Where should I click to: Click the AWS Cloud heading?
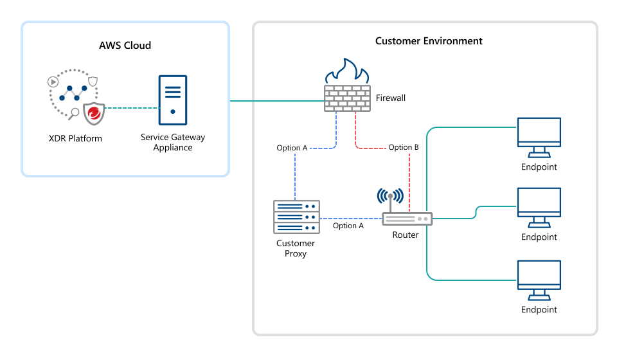(x=125, y=45)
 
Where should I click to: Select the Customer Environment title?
(x=429, y=41)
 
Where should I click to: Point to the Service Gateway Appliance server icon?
(x=172, y=100)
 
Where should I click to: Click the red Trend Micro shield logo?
(x=94, y=113)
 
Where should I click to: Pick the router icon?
(x=407, y=219)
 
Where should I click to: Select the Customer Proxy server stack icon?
(x=296, y=217)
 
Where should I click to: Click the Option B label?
(x=404, y=148)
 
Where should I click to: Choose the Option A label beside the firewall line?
(x=292, y=148)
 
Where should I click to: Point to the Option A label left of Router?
(x=348, y=226)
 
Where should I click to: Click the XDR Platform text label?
(x=75, y=138)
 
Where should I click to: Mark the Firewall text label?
(x=390, y=98)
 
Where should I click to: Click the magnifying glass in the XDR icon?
(x=75, y=114)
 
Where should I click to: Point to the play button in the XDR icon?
(x=53, y=82)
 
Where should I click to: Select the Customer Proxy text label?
(x=296, y=248)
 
